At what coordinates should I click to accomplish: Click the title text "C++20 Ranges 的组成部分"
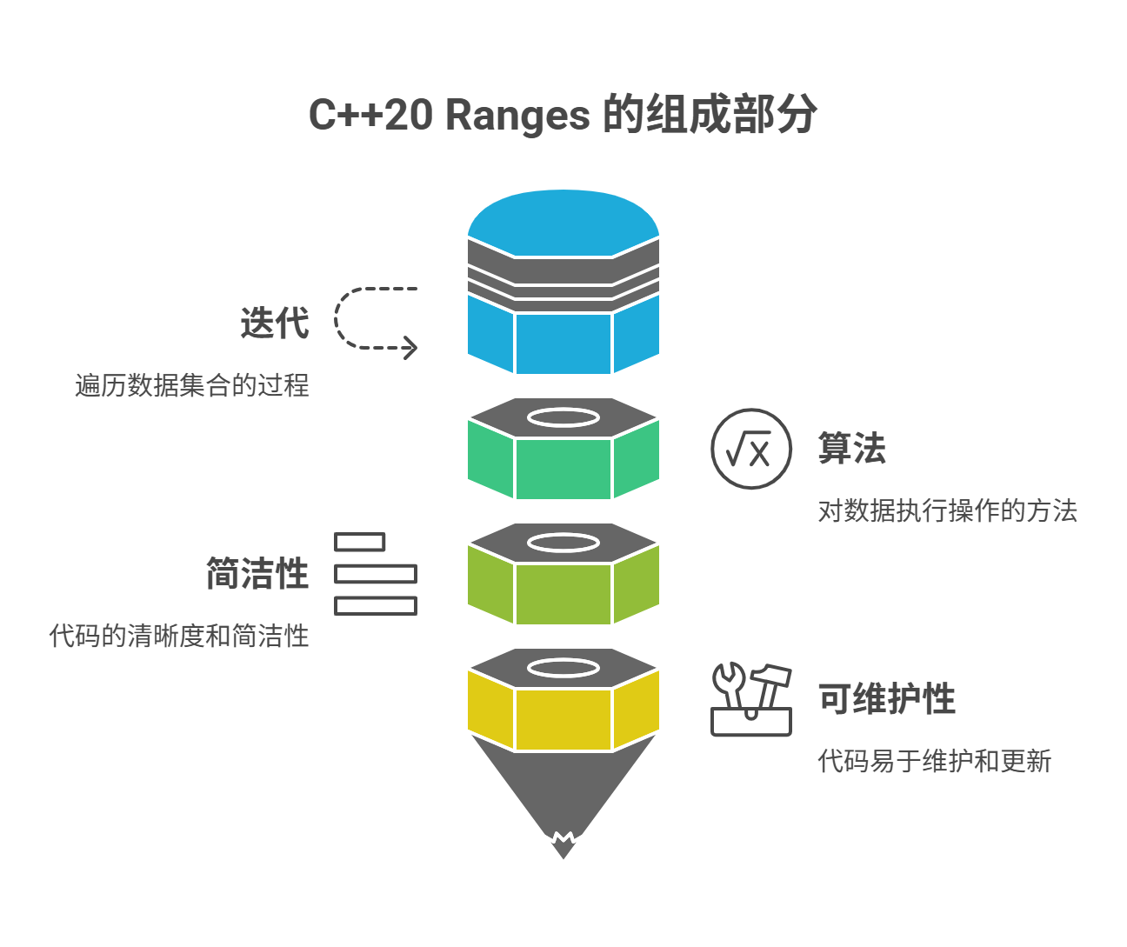tap(563, 115)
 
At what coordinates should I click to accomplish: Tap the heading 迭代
tap(275, 323)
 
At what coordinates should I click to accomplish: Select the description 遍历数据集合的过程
tap(192, 385)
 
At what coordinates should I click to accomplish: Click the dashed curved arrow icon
tap(375, 319)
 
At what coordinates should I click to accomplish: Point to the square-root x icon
tap(751, 449)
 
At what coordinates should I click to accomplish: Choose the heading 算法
tap(851, 449)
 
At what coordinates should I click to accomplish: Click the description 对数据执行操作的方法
tap(947, 510)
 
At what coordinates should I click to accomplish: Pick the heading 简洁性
tap(257, 574)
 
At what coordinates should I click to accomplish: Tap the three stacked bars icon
tap(375, 574)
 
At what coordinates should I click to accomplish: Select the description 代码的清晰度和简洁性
tap(179, 636)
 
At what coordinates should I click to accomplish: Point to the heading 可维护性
tap(886, 699)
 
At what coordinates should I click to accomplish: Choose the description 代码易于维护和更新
tap(934, 761)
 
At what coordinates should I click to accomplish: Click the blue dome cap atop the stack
tap(563, 219)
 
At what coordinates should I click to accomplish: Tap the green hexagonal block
tap(563, 468)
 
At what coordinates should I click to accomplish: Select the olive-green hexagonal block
tap(563, 593)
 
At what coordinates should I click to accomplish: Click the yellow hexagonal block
tap(563, 718)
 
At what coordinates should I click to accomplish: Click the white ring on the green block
tap(563, 418)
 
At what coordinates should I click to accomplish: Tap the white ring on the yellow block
tap(563, 668)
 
